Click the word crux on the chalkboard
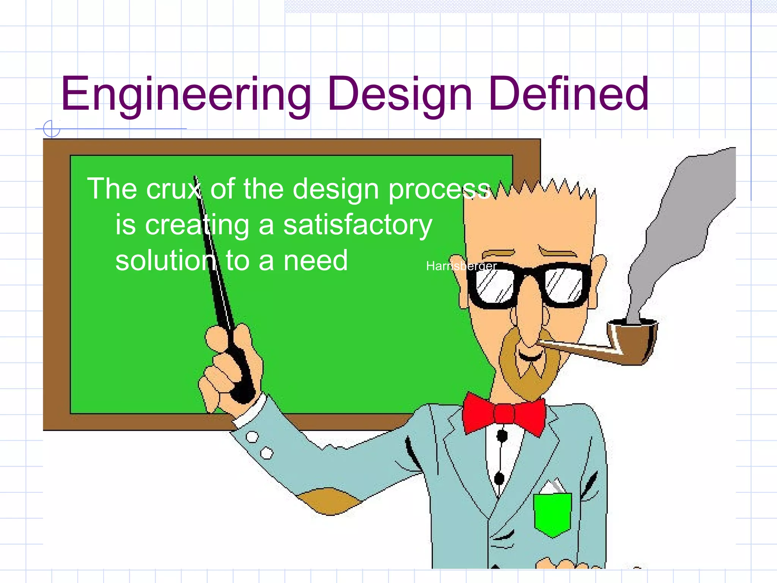point(174,189)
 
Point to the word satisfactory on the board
point(357,225)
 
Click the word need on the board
point(315,261)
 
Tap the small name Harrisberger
point(461,266)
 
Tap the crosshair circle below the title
point(52,129)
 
